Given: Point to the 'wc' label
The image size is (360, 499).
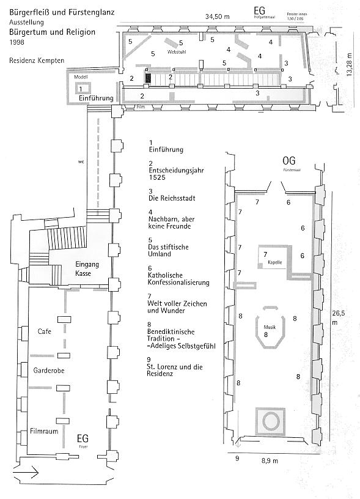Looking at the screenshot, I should [81, 162].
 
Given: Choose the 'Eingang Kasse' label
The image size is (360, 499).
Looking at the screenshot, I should [83, 269].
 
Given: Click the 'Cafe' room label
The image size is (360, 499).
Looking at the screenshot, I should [43, 331].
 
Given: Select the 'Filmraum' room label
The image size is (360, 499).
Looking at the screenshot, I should [48, 430].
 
